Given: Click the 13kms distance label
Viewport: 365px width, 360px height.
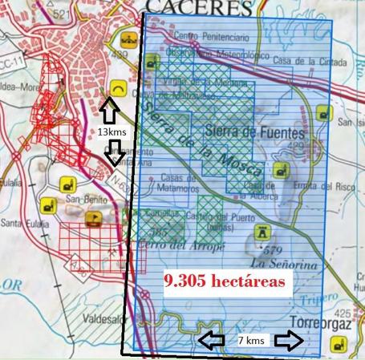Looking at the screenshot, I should [112, 131].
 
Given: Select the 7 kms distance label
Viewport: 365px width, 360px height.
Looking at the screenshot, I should [251, 341].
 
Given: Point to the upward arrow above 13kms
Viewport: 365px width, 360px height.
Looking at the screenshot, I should [111, 107].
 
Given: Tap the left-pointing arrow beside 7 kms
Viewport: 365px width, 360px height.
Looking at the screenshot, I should [213, 341].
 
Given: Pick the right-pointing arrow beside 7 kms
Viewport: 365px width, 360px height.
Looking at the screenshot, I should [289, 341].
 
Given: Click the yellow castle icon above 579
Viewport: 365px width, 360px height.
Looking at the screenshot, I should [262, 233].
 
